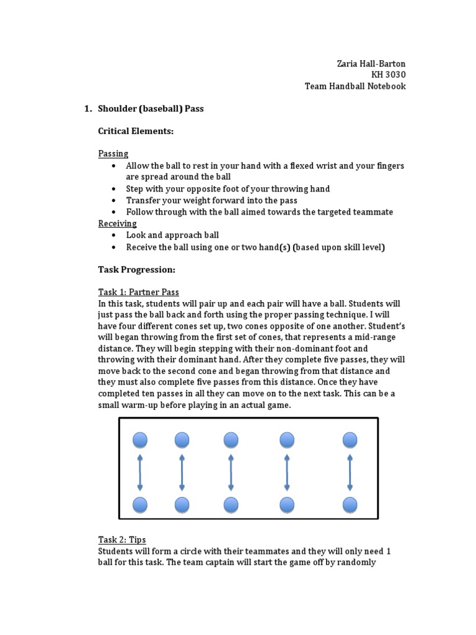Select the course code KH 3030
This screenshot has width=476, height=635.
pos(389,75)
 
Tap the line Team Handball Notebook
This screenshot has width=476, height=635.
pos(355,86)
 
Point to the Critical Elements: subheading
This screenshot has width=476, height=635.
pos(136,131)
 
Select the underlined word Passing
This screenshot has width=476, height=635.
pos(113,153)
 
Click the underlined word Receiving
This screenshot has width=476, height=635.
pos(117,223)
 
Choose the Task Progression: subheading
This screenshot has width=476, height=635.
pos(137,270)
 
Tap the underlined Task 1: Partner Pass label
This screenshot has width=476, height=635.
pos(138,292)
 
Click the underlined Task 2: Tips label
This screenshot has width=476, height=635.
pos(122,540)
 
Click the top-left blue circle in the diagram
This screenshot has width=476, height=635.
pos(140,440)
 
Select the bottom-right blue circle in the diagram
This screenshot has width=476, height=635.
pos(350,504)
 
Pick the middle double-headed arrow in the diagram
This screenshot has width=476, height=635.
pos(231,473)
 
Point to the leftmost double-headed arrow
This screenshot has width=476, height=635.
pos(140,473)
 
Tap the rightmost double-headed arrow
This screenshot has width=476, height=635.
pos(350,473)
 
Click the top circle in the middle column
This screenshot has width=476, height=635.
pos(231,440)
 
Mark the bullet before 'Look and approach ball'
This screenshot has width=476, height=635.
pos(114,236)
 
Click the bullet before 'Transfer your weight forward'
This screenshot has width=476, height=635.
pos(114,201)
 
